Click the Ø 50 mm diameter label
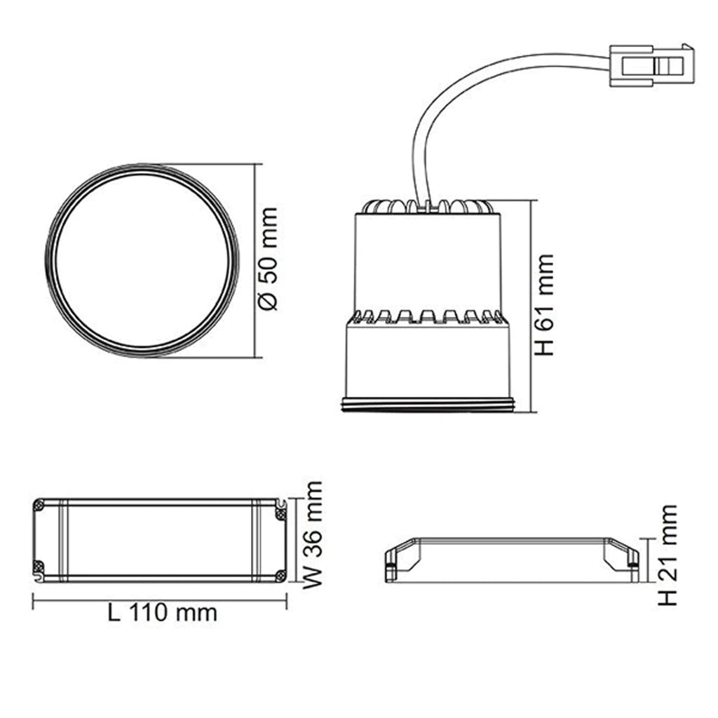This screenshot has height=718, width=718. pyautogui.click(x=268, y=259)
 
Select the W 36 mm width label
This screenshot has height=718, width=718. pyautogui.click(x=313, y=535)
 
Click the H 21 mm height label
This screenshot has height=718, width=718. pyautogui.click(x=668, y=555)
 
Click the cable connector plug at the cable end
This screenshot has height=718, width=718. pyautogui.click(x=651, y=65)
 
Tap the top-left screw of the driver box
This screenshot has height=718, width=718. pyautogui.click(x=39, y=506)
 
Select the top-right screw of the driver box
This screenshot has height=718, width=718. pyautogui.click(x=280, y=515)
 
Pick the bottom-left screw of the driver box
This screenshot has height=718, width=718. pyautogui.click(x=39, y=566)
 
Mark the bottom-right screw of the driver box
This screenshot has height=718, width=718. pyautogui.click(x=280, y=575)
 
